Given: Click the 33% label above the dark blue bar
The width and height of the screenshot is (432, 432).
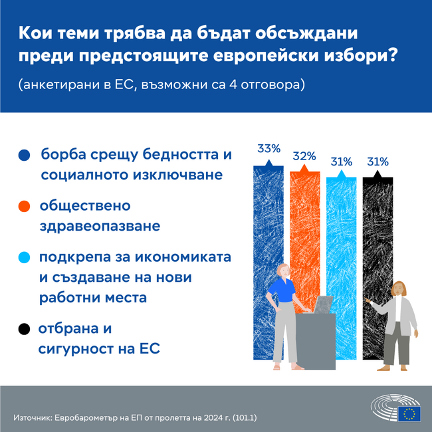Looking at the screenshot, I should pyautogui.click(x=269, y=148).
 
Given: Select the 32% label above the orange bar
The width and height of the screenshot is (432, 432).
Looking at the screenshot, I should pyautogui.click(x=304, y=156).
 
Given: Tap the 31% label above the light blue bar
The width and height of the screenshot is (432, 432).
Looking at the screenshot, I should pyautogui.click(x=341, y=162).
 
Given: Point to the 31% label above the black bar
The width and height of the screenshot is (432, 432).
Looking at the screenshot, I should pyautogui.click(x=378, y=162).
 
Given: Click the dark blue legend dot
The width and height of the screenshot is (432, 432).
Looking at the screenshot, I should pyautogui.click(x=25, y=155).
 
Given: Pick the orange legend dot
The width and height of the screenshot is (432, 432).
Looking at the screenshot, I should pyautogui.click(x=25, y=207).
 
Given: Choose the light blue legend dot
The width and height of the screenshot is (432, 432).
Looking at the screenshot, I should pyautogui.click(x=25, y=258).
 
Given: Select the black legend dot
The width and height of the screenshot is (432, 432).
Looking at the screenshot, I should pyautogui.click(x=25, y=328).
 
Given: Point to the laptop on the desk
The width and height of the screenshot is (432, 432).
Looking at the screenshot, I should pyautogui.click(x=324, y=304).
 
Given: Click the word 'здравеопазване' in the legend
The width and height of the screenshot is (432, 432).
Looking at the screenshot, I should pyautogui.click(x=100, y=226).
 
